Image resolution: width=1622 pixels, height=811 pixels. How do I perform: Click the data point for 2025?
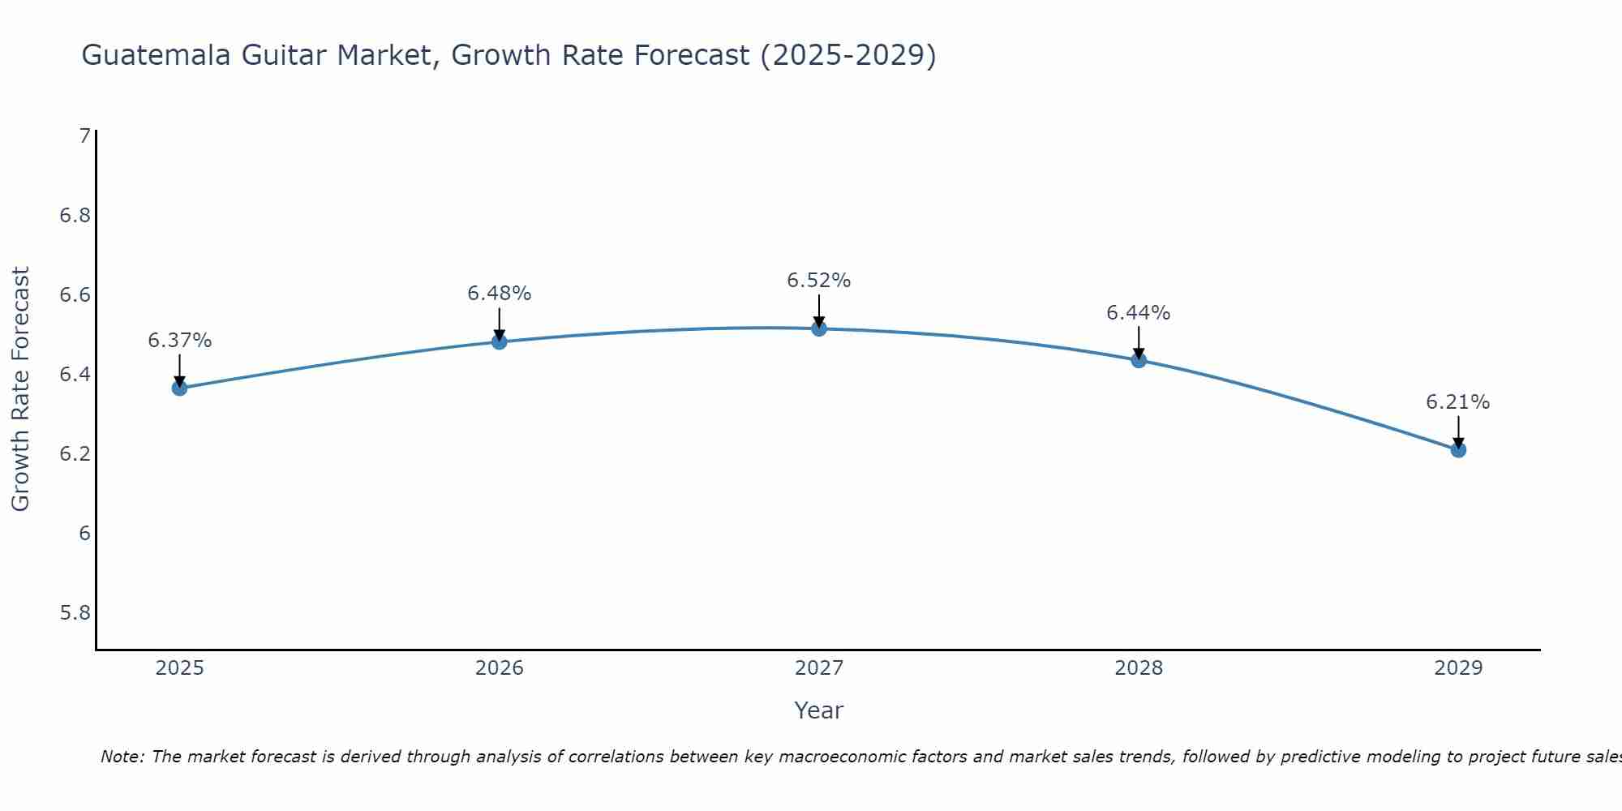(179, 388)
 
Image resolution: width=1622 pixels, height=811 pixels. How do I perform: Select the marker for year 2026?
(500, 341)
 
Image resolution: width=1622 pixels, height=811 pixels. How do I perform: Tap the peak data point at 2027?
(819, 328)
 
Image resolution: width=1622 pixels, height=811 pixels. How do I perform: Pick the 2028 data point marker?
(1139, 360)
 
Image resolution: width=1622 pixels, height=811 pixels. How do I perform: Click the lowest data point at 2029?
(1458, 449)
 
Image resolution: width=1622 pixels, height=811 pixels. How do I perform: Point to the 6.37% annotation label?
(180, 341)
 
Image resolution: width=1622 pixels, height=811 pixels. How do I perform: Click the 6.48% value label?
(500, 294)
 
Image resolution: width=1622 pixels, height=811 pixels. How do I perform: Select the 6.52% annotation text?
(819, 281)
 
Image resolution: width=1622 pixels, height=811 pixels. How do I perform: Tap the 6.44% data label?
(1139, 313)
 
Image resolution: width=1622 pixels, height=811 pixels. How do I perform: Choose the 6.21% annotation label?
(1458, 402)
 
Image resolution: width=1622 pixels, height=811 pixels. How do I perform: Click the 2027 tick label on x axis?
(819, 668)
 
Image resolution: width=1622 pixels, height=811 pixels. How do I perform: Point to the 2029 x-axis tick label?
(1458, 668)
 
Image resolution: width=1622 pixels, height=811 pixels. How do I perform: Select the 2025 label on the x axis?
(180, 668)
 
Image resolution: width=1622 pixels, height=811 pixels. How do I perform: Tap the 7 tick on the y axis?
(85, 136)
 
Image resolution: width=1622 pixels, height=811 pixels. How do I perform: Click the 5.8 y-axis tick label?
(75, 612)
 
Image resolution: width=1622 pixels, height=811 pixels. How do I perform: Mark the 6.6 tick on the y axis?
(75, 294)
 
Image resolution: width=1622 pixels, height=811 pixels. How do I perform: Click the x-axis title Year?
(819, 710)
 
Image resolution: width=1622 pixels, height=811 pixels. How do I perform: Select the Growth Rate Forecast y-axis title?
(20, 388)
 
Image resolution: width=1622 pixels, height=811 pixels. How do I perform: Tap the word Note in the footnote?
(122, 757)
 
